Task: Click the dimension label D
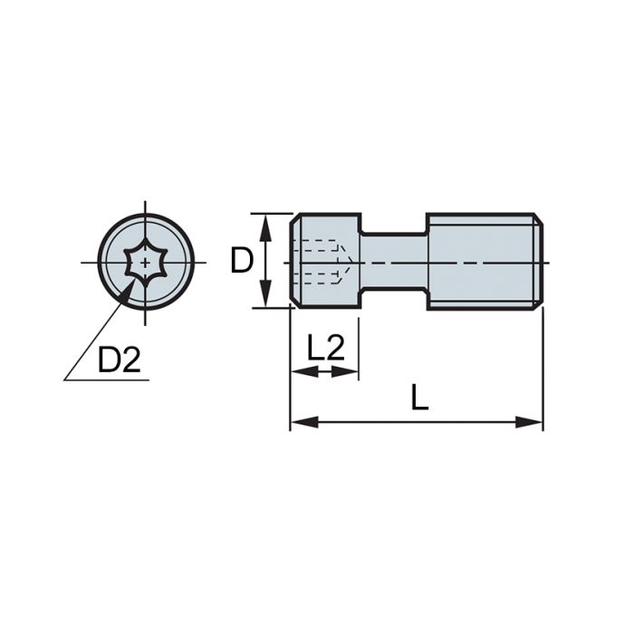(x=240, y=262)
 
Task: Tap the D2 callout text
(x=120, y=360)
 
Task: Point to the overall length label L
(x=418, y=398)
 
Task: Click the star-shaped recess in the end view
(x=143, y=263)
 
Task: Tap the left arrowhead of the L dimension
(x=299, y=421)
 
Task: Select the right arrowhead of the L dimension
(x=534, y=421)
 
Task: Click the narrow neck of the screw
(x=393, y=262)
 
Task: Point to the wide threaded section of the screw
(x=480, y=262)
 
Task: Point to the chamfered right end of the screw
(x=540, y=262)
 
